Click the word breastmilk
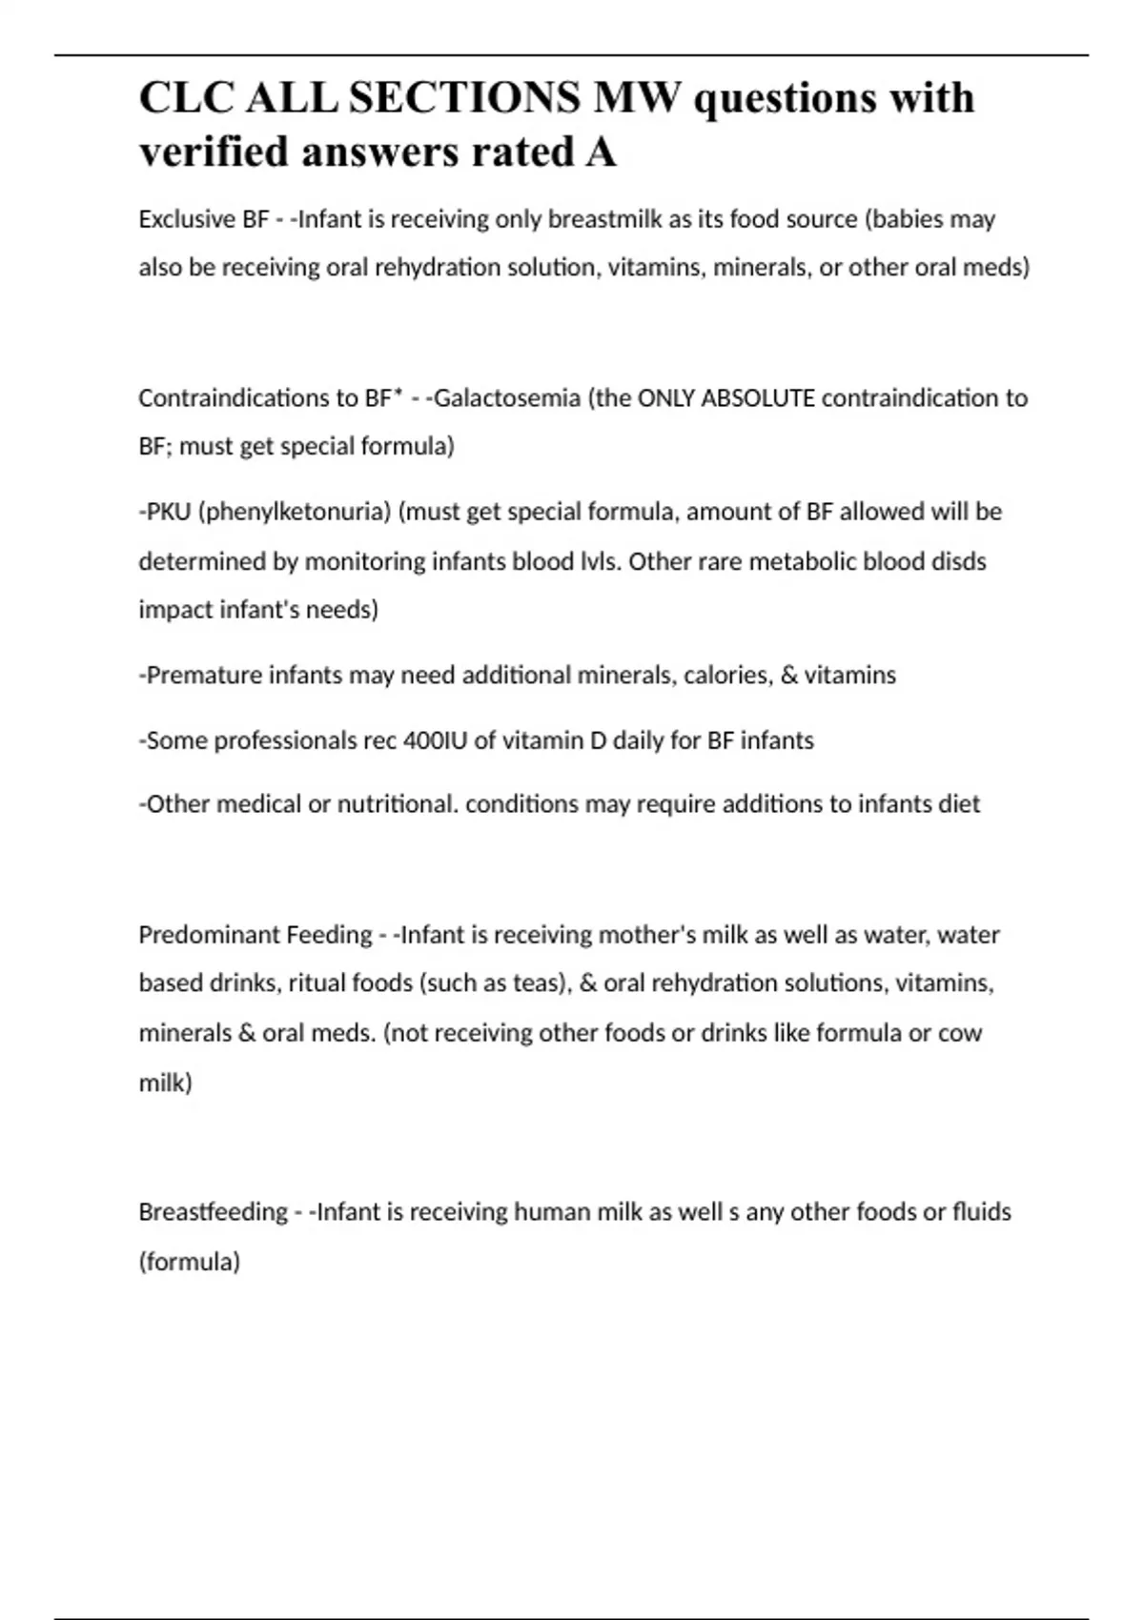(x=604, y=219)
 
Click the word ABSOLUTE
(x=758, y=397)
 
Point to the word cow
(x=960, y=1033)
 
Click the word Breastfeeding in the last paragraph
(x=213, y=1212)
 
